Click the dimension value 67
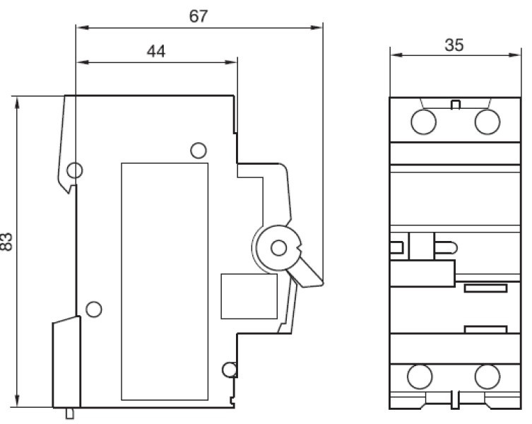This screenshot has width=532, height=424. coord(199,16)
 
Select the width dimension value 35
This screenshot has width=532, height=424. coord(454,45)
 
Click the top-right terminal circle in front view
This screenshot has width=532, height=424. coord(487,122)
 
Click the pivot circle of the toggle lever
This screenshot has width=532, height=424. coord(279,247)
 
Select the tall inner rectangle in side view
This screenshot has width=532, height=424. coord(165,281)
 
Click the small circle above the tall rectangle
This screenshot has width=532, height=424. coord(199,150)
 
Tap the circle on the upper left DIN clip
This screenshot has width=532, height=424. coord(74,170)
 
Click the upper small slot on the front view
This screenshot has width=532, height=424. coord(485,288)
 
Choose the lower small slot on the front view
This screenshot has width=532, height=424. coord(485,329)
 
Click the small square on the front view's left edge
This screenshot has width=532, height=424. coord(398,247)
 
